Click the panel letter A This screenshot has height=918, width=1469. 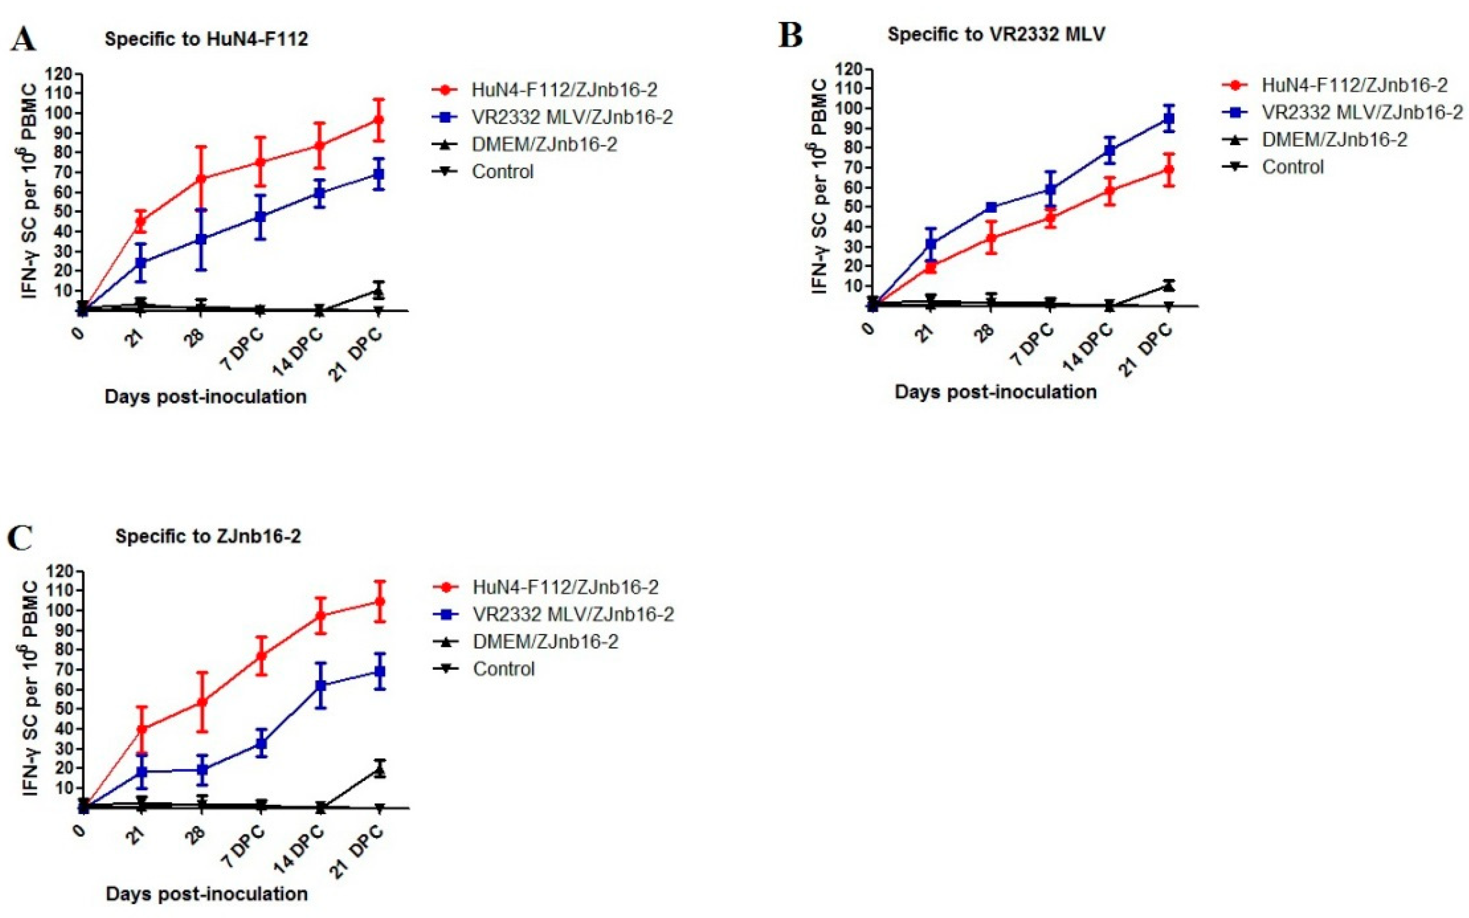[23, 39]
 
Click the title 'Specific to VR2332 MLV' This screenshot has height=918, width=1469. [996, 34]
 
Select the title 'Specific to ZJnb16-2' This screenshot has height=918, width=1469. [207, 536]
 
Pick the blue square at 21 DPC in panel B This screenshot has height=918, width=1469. [1168, 119]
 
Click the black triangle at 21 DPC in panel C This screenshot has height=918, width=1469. [380, 770]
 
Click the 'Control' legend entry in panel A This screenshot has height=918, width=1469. [502, 172]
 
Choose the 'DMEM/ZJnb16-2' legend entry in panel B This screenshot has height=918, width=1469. [1334, 140]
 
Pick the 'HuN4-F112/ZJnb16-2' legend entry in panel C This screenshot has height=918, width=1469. [565, 587]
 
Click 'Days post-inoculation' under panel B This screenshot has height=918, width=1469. [995, 391]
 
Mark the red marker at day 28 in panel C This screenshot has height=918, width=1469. [202, 702]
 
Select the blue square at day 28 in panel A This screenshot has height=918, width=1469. [201, 239]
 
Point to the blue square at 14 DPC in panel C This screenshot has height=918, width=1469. [321, 685]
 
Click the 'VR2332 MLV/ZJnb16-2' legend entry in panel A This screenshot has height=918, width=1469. [572, 117]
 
